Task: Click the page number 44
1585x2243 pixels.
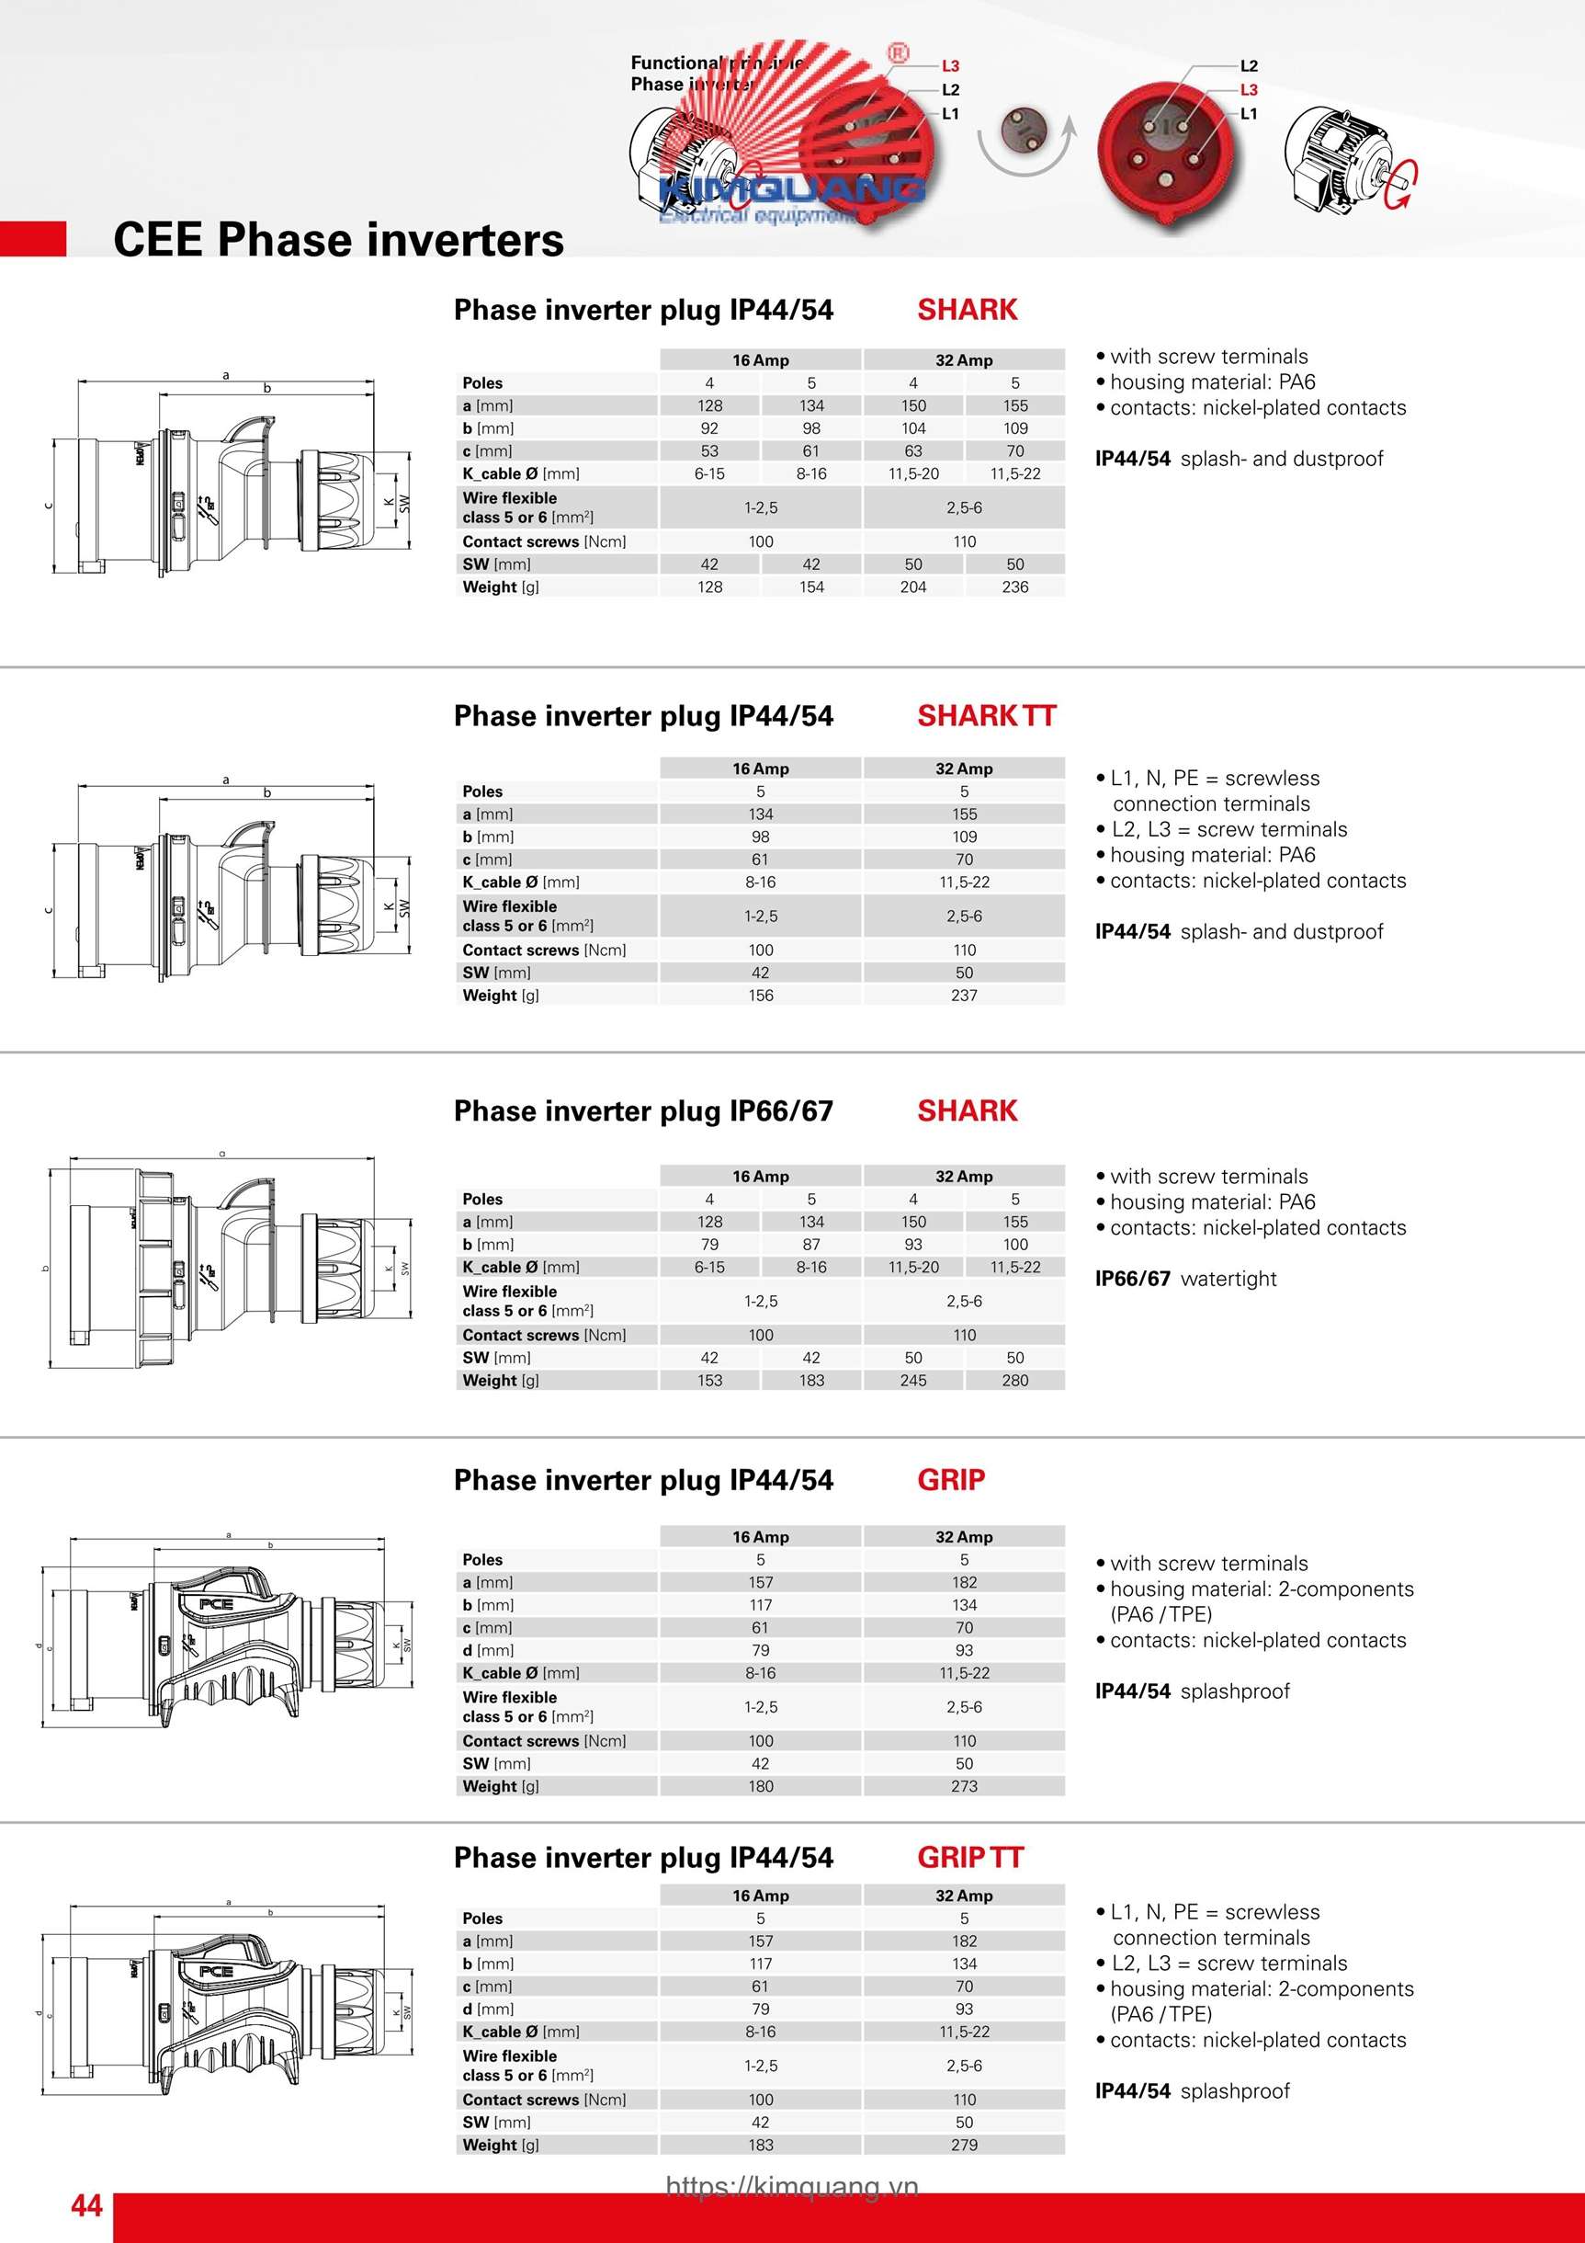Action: tap(86, 2205)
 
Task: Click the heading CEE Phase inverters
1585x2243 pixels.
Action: tap(338, 239)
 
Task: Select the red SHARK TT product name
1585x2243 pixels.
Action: tap(986, 716)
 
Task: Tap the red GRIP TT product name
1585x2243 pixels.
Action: tap(969, 1857)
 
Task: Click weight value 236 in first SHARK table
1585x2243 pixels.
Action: tap(1014, 587)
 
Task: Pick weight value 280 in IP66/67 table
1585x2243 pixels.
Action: tap(1014, 1381)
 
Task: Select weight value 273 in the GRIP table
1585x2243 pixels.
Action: tap(964, 1786)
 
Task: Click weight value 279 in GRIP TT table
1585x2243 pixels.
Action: tap(964, 2145)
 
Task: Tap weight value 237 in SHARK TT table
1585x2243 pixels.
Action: tap(964, 996)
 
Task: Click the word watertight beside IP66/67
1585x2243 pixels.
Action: tap(1228, 1279)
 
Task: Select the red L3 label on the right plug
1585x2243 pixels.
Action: tap(1249, 90)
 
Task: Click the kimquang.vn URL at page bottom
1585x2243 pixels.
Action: tap(792, 2186)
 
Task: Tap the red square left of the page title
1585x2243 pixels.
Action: tap(33, 239)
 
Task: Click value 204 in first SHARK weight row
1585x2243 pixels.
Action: tap(913, 587)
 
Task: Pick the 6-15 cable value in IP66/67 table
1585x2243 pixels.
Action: tap(709, 1267)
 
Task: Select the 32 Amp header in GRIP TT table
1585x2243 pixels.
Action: tap(964, 1896)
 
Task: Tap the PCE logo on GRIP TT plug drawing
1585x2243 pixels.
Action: tap(216, 1972)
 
